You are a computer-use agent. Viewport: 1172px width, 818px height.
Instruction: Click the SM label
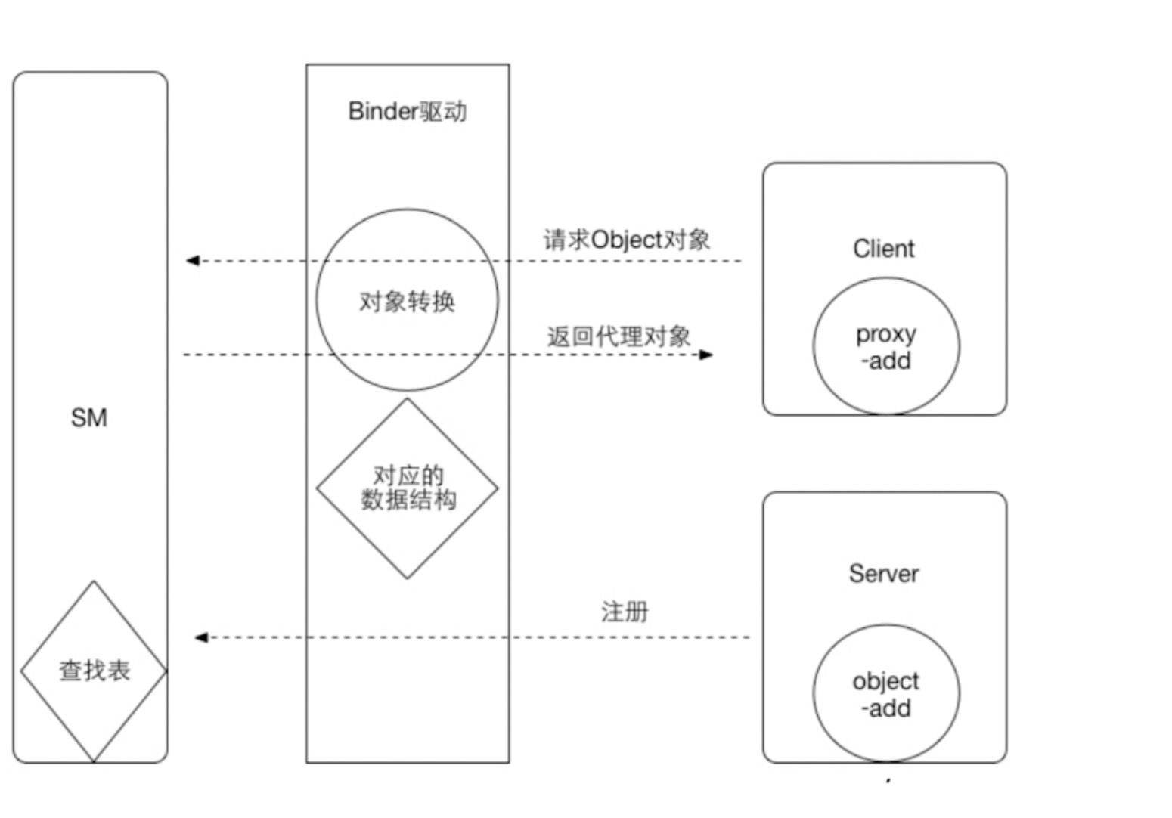pyautogui.click(x=89, y=418)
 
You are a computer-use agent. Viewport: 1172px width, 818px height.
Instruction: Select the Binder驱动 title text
pyautogui.click(x=407, y=112)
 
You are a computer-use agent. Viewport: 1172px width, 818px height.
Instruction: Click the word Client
pyautogui.click(x=883, y=249)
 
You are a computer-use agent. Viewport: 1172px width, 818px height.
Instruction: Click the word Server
pyautogui.click(x=883, y=574)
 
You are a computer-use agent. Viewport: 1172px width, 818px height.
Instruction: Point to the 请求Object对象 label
pyautogui.click(x=627, y=240)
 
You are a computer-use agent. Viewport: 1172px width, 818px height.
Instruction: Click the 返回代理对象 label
pyautogui.click(x=619, y=336)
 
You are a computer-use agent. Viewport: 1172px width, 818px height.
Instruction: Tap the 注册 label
pyautogui.click(x=625, y=612)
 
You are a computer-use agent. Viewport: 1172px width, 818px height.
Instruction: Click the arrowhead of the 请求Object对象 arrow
pyautogui.click(x=192, y=261)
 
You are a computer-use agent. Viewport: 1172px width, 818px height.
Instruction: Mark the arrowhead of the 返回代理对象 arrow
pyautogui.click(x=706, y=355)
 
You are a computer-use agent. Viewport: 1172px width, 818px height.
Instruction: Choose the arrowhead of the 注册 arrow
pyautogui.click(x=201, y=637)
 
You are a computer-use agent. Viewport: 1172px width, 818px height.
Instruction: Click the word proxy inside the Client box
pyautogui.click(x=886, y=333)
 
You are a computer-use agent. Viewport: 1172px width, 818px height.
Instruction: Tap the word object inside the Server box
pyautogui.click(x=885, y=681)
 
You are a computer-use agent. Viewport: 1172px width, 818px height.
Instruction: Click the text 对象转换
pyautogui.click(x=407, y=302)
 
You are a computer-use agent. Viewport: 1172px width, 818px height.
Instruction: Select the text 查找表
pyautogui.click(x=95, y=671)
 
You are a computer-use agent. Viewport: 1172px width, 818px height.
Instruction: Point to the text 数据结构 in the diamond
pyautogui.click(x=408, y=500)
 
